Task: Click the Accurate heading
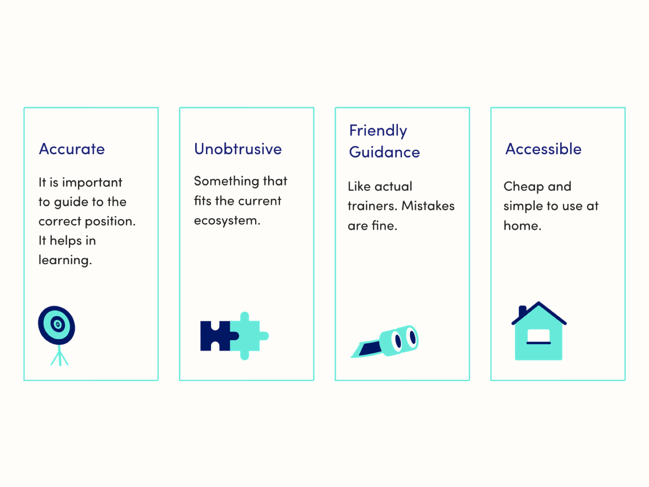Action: (x=72, y=149)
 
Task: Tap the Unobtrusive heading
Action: (x=238, y=149)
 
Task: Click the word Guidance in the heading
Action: (x=385, y=152)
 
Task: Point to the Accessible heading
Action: (x=544, y=149)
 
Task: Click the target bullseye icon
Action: (x=56, y=325)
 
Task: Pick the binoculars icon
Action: (x=385, y=341)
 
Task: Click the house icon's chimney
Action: (x=522, y=311)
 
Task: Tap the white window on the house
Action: (x=539, y=336)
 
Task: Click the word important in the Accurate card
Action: (x=92, y=183)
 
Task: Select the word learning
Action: (x=65, y=260)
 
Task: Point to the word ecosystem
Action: (x=227, y=221)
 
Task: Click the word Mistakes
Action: (x=428, y=206)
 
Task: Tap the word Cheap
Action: (x=524, y=187)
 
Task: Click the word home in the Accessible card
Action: (x=522, y=226)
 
